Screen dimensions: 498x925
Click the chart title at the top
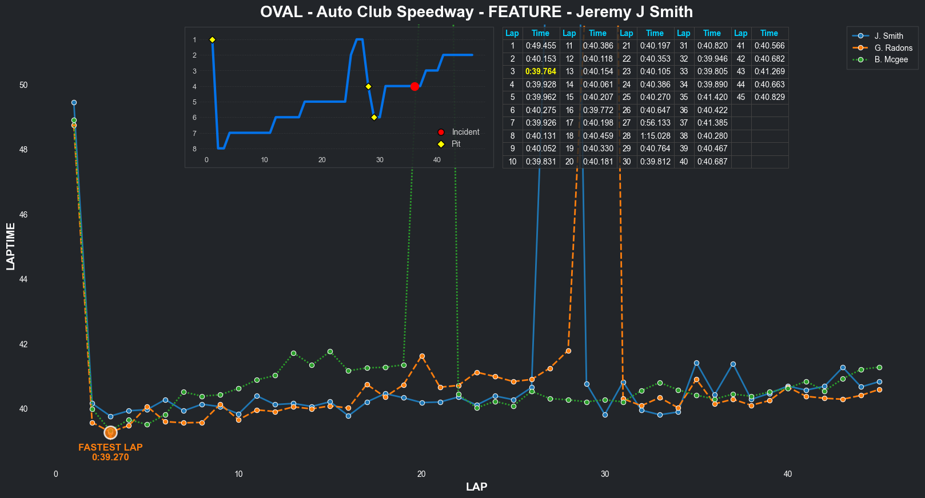point(476,12)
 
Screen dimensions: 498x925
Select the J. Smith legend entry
point(888,36)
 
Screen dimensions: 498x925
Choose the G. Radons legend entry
point(893,48)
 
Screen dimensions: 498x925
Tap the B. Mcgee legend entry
point(891,59)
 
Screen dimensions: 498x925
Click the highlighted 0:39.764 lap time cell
point(540,71)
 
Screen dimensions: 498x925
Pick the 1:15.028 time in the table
point(655,136)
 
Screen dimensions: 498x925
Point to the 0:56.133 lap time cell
point(655,123)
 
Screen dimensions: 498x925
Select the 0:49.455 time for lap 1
point(540,46)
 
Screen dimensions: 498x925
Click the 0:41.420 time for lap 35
point(712,97)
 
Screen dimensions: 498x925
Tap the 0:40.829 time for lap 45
point(769,97)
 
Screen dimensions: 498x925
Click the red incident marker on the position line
point(414,86)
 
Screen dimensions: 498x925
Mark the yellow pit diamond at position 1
point(212,39)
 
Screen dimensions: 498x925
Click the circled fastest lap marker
point(110,433)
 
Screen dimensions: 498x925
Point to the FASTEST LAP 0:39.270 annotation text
point(110,452)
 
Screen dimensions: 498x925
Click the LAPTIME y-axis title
point(11,247)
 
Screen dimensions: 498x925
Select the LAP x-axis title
point(476,487)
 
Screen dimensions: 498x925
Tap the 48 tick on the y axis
point(23,150)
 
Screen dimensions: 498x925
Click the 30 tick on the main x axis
point(605,474)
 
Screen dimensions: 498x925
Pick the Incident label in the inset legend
point(465,132)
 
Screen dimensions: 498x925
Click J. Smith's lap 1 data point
point(74,103)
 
